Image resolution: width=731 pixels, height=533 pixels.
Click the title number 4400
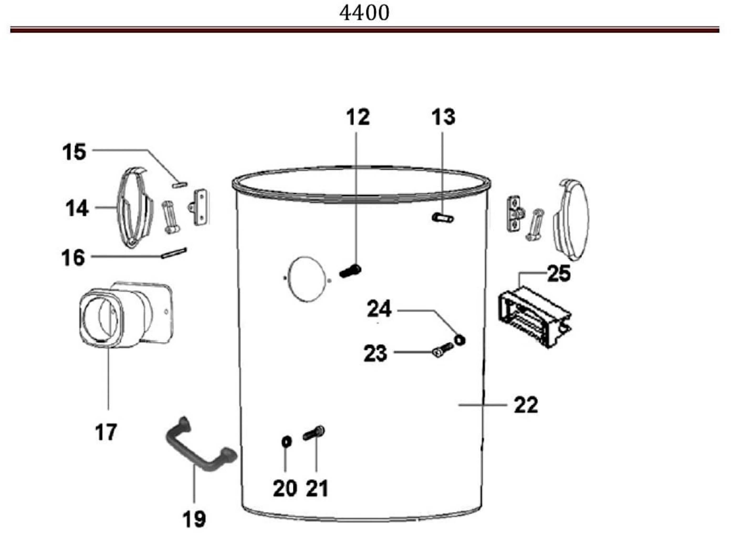(x=364, y=13)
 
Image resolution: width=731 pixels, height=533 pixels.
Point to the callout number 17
(x=106, y=432)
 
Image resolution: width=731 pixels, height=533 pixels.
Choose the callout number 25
(x=559, y=273)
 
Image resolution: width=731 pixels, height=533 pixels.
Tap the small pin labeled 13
(x=442, y=218)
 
